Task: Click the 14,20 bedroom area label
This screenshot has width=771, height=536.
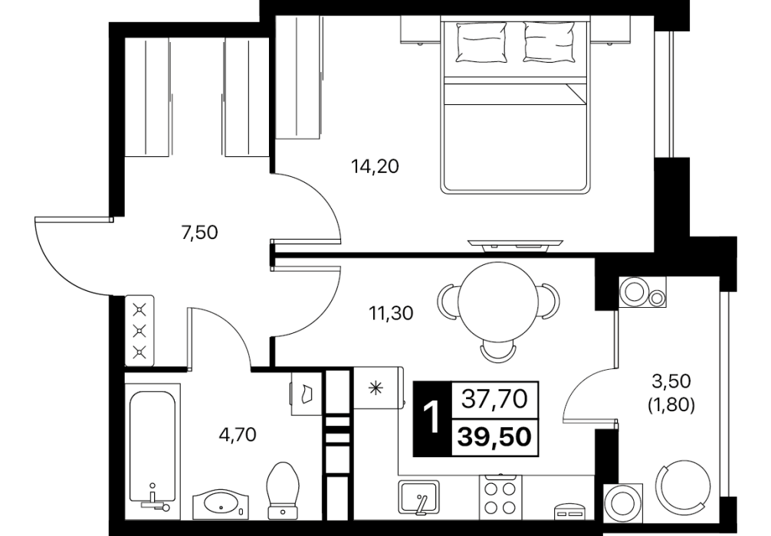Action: [375, 167]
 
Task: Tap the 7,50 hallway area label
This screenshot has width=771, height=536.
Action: [199, 232]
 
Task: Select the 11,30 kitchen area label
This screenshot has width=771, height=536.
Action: [392, 312]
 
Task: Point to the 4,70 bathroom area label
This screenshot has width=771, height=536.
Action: [238, 434]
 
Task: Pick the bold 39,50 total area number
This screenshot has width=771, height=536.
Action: [494, 436]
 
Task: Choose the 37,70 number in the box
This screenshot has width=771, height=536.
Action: [494, 399]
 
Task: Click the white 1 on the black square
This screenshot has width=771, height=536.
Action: [431, 418]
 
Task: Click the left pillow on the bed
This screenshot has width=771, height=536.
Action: [481, 43]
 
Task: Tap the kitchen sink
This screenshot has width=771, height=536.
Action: [418, 497]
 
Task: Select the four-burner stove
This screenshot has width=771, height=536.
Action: [500, 497]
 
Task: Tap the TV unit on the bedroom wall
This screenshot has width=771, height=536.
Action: [515, 245]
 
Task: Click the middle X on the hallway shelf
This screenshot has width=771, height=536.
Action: [140, 331]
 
